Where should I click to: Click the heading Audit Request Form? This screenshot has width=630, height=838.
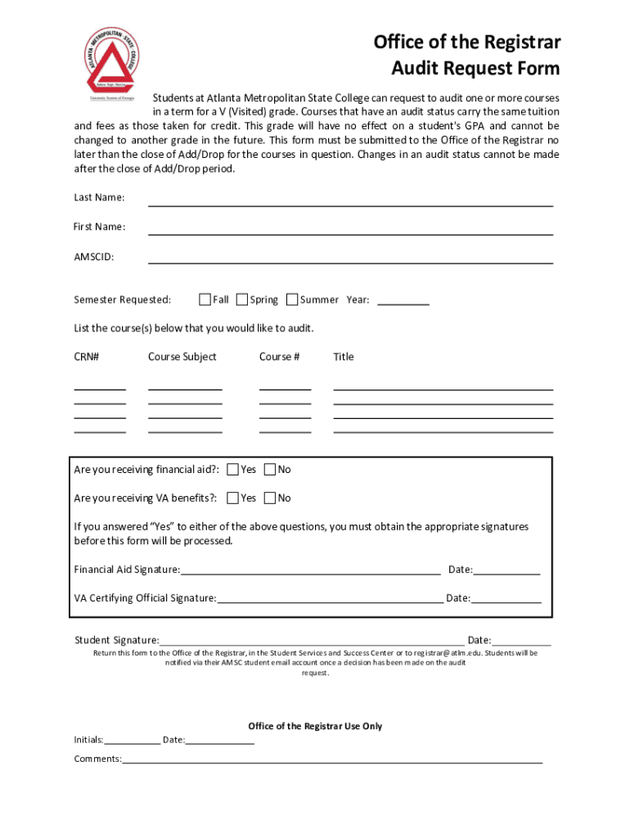pos(476,68)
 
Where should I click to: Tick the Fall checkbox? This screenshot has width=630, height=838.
pos(205,300)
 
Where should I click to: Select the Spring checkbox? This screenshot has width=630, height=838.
pos(242,300)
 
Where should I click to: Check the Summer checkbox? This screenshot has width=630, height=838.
pos(292,300)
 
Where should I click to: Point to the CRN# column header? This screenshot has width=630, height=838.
pos(87,357)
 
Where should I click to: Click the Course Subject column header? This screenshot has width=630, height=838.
pos(182,357)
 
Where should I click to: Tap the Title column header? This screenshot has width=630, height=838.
pos(344,357)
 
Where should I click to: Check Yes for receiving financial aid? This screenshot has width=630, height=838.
pos(233,470)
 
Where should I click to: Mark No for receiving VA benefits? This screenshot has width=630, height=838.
pos(271,498)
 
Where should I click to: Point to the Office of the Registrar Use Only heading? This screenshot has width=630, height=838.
pos(315,727)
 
